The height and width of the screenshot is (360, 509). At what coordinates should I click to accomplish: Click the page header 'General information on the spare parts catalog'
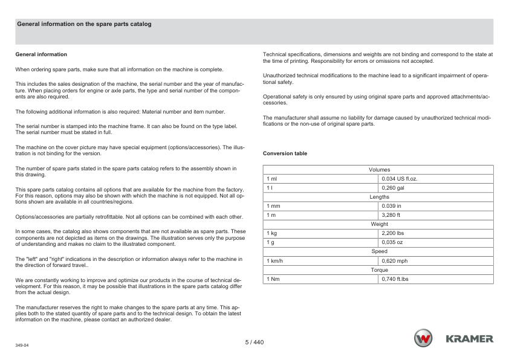(84, 24)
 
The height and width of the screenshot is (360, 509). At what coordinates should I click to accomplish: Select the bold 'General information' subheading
(41, 54)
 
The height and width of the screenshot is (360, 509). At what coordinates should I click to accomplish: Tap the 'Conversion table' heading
(285, 153)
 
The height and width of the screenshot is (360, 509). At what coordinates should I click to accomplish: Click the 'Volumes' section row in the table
(379, 170)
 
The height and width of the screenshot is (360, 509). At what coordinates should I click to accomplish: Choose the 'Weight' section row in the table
(379, 224)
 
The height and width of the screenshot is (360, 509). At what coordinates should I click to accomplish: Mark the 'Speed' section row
(379, 251)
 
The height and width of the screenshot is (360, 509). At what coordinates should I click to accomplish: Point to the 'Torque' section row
(379, 270)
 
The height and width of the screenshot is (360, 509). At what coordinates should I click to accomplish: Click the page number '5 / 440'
(254, 342)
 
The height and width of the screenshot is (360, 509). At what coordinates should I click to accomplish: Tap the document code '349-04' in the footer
(22, 346)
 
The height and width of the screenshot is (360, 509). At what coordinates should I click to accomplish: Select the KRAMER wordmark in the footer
(469, 339)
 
